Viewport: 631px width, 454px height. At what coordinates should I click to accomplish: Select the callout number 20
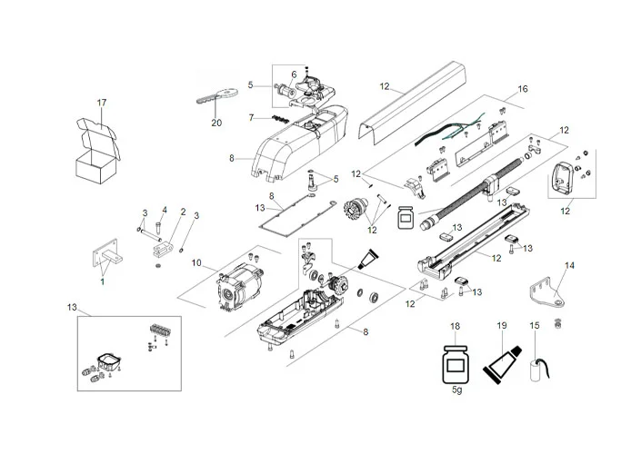click(x=216, y=123)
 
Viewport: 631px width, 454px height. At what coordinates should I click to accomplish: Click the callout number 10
click(x=195, y=262)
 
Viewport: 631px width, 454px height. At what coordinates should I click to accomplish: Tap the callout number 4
click(x=165, y=210)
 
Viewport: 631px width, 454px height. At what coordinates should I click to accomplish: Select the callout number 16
click(x=522, y=90)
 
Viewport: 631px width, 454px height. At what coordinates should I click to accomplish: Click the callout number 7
click(x=251, y=118)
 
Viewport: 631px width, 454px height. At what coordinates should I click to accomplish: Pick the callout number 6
click(x=294, y=74)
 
